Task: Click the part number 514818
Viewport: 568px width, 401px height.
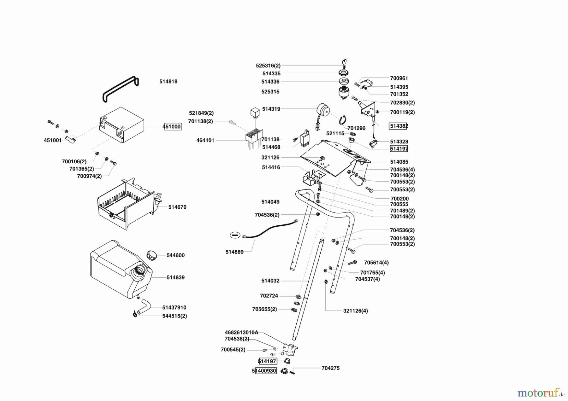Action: tap(168, 81)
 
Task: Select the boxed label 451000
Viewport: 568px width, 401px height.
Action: tap(172, 127)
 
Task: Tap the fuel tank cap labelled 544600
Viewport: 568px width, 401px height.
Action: tap(152, 255)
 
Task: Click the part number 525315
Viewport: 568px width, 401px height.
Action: tap(271, 92)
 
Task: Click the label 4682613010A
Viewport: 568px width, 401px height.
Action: tap(241, 332)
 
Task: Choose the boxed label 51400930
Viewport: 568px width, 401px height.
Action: tap(264, 371)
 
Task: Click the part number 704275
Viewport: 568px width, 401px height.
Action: tap(330, 368)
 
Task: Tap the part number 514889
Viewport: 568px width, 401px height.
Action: tap(234, 252)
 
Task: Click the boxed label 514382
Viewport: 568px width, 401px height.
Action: tap(399, 126)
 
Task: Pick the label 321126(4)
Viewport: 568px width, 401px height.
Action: tap(355, 311)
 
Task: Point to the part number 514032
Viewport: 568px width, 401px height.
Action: tap(270, 281)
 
